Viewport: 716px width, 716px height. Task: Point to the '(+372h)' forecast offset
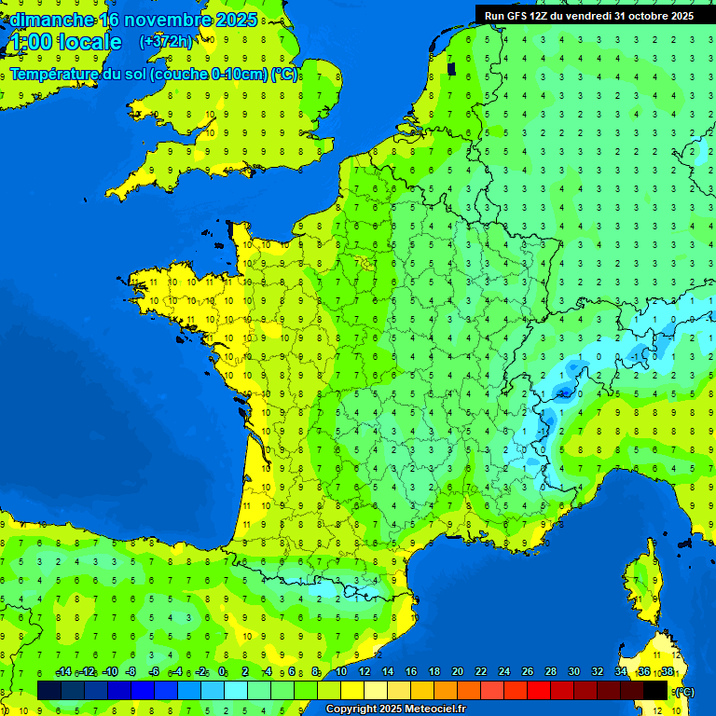pyautogui.click(x=166, y=42)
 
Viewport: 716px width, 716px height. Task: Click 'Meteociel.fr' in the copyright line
pyautogui.click(x=434, y=709)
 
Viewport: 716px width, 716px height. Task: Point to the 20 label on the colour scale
pyautogui.click(x=457, y=672)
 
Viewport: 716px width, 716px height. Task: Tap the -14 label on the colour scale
pyautogui.click(x=64, y=672)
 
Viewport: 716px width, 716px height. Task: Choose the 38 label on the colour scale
pyautogui.click(x=668, y=672)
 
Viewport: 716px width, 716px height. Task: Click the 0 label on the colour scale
pyautogui.click(x=222, y=672)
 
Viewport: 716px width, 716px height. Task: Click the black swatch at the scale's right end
pyautogui.click(x=655, y=690)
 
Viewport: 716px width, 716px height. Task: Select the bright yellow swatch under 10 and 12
pyautogui.click(x=352, y=690)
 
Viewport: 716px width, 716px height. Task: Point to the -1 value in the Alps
pyautogui.click(x=635, y=356)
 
